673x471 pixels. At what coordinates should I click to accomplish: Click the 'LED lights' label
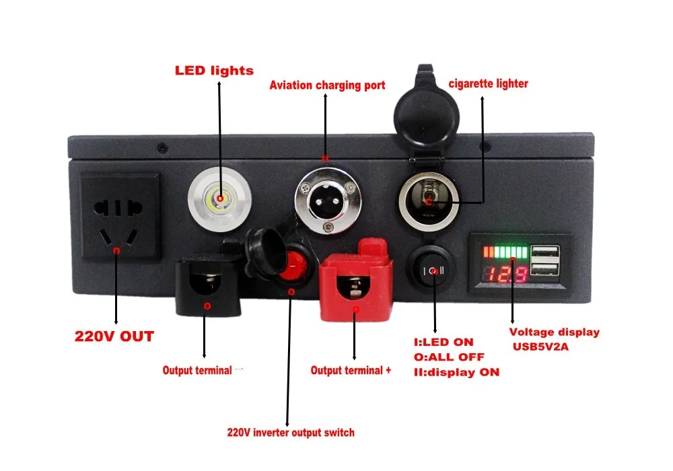214,70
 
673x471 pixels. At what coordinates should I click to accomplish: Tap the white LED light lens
219,199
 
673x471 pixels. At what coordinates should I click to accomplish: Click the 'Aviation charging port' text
327,85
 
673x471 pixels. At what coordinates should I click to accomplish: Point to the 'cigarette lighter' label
488,84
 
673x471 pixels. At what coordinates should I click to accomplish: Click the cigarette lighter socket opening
429,200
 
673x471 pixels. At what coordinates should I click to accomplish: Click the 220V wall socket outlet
120,216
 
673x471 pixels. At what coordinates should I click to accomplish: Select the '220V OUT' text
114,336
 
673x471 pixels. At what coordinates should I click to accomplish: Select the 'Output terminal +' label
351,371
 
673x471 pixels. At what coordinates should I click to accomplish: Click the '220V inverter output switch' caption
290,432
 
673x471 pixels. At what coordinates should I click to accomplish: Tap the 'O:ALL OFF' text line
449,357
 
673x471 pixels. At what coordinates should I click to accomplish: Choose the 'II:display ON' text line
456,372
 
